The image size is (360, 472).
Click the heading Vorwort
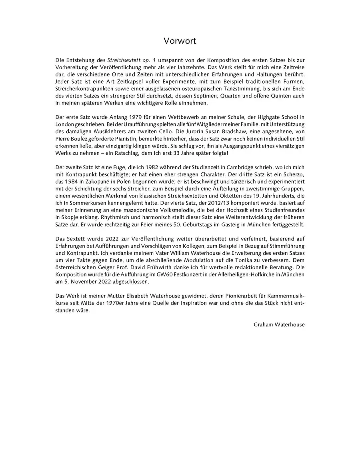tap(180, 41)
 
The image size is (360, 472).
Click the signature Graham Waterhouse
tap(279, 325)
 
